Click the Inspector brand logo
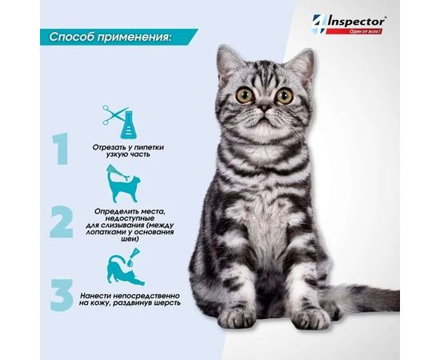coord(349,24)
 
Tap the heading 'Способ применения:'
coord(110,37)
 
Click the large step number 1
coord(61,149)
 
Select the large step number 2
coord(62,222)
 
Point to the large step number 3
coord(62,295)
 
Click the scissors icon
coord(114,114)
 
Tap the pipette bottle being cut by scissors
coord(130,124)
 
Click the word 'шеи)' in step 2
coord(130,239)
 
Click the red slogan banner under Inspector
coord(354,31)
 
